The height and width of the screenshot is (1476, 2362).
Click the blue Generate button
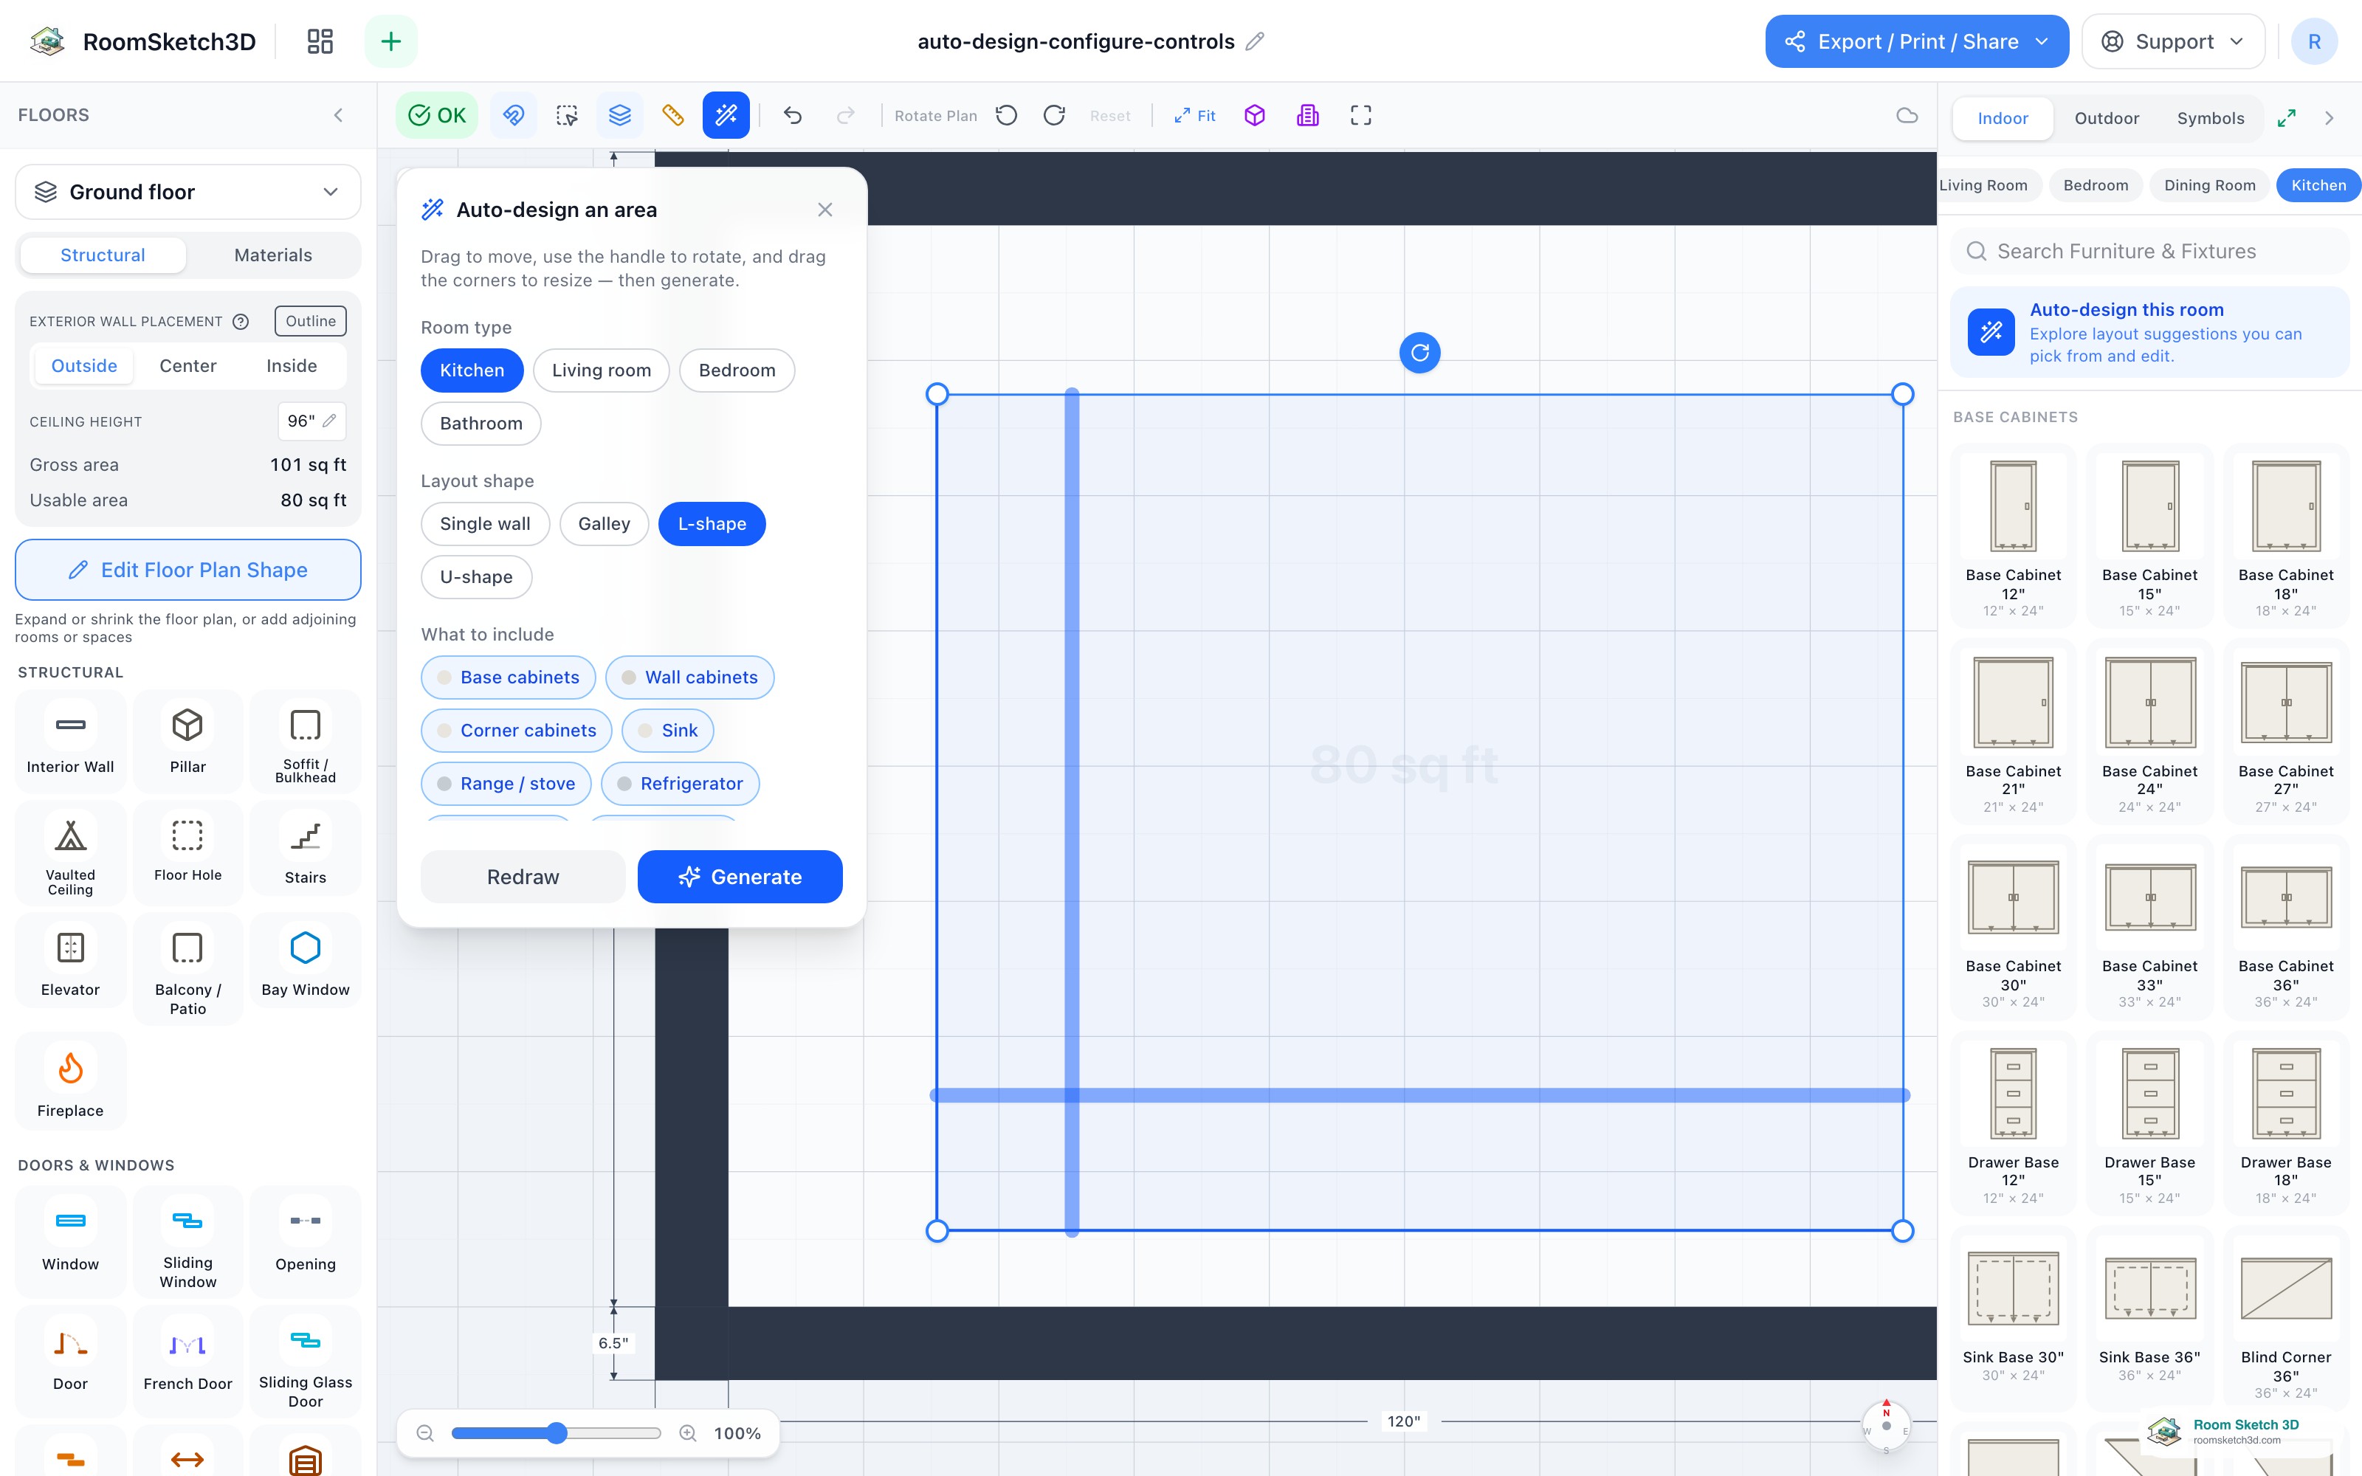click(x=740, y=877)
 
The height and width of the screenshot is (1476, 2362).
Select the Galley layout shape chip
click(x=605, y=524)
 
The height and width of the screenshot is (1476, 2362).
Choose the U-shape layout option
click(x=476, y=577)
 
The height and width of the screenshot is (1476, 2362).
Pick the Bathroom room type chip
click(x=481, y=424)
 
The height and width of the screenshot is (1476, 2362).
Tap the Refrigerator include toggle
click(x=681, y=784)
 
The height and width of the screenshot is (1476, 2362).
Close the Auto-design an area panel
click(x=824, y=210)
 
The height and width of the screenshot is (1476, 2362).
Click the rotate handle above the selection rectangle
click(x=1420, y=353)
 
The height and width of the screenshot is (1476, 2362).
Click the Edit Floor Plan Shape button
click(x=188, y=570)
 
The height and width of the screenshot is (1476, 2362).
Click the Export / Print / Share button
click(x=1917, y=41)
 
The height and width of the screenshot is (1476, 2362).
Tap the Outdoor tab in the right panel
click(x=2107, y=118)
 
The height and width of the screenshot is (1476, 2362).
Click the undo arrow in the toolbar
click(x=793, y=116)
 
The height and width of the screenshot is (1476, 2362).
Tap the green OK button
click(x=436, y=115)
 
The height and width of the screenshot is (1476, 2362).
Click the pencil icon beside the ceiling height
click(x=330, y=421)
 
